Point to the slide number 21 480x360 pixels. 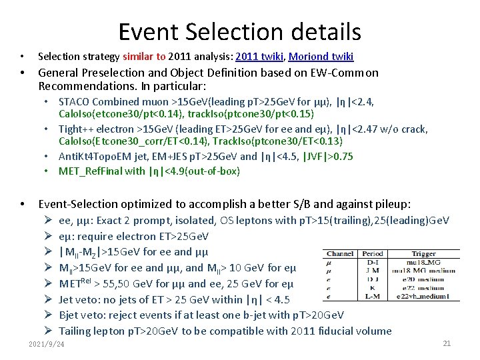point(447,343)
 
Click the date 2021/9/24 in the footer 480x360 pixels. point(47,344)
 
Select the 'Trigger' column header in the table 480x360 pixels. point(424,253)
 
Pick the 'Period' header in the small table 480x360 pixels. point(373,253)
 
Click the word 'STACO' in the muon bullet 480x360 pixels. point(75,102)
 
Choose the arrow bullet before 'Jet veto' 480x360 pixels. point(49,299)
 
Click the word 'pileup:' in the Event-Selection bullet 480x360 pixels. point(393,203)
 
